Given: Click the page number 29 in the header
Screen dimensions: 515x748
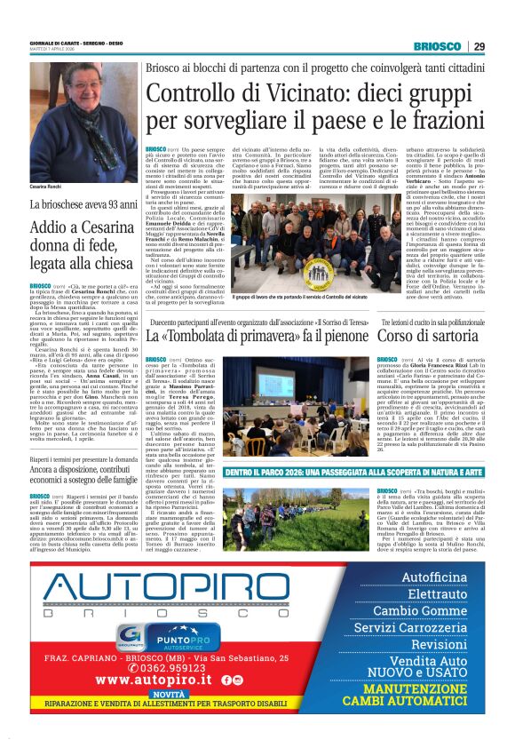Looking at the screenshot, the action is (479, 46).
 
